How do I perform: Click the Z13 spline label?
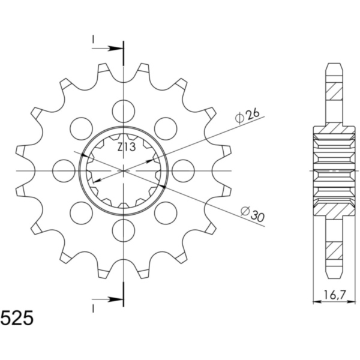(126, 146)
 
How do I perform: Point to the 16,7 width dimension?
(329, 294)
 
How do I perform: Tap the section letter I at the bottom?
(94, 308)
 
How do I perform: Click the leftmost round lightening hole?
(64, 170)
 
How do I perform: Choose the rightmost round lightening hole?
(183, 170)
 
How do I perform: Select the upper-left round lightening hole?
(81, 127)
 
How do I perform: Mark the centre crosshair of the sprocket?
(124, 170)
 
